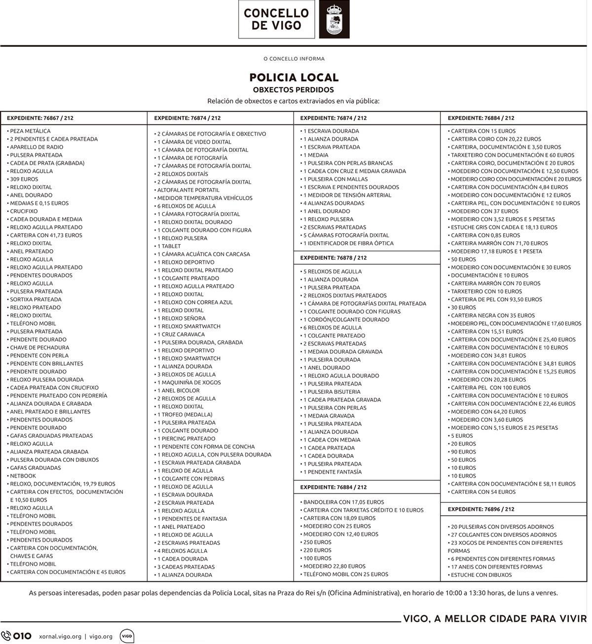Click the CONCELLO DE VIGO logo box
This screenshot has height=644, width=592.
coord(276,19)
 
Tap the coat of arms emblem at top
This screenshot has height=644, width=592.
coord(334,20)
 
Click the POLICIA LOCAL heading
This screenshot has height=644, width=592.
coord(294,77)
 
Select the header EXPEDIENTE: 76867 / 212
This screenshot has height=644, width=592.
coord(40,118)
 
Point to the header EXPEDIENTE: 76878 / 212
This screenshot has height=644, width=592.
coord(333,258)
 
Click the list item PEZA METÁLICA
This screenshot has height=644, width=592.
coord(30,131)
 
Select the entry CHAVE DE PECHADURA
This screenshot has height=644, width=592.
coord(39,347)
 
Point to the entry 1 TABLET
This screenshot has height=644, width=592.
coord(169,246)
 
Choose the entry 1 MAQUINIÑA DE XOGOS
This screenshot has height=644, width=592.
coord(189,382)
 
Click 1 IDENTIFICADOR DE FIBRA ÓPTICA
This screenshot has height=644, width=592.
coord(348,243)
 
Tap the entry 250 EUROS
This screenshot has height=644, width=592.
coord(317,542)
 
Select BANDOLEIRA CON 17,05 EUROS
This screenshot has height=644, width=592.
coord(343,502)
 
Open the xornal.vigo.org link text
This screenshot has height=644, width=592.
coord(60,636)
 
